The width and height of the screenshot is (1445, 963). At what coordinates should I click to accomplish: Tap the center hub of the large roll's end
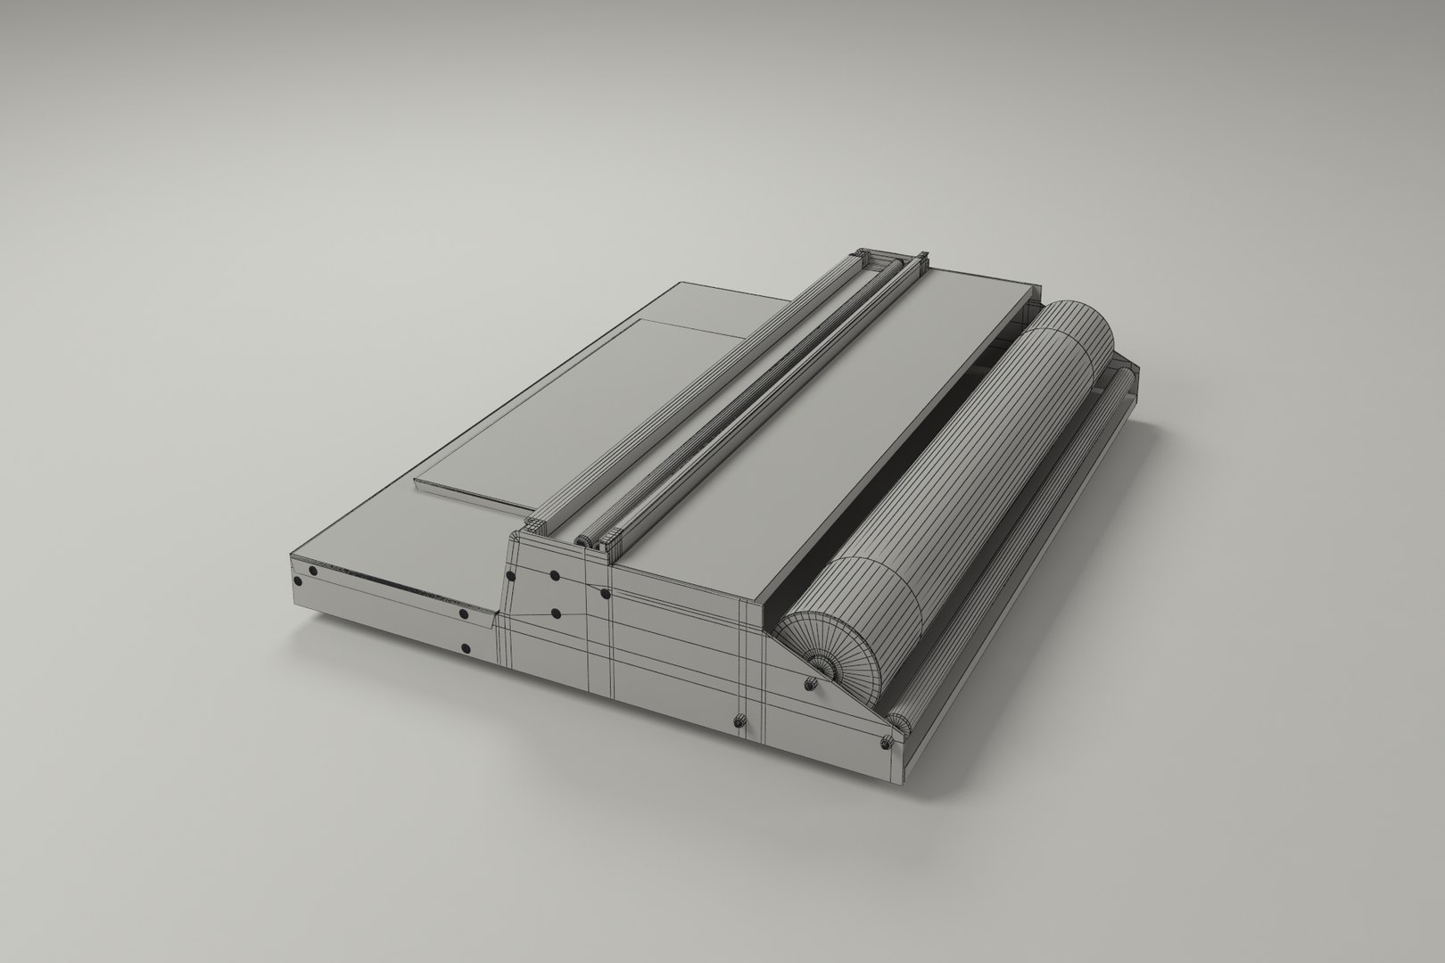pos(822,663)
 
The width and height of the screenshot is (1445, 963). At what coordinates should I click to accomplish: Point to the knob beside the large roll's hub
pos(810,684)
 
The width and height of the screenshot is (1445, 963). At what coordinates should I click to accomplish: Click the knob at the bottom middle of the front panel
pos(739,720)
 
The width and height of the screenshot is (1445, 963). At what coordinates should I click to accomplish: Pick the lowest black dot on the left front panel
pos(465,649)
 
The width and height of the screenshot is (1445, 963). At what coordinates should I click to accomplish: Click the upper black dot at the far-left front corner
pos(312,572)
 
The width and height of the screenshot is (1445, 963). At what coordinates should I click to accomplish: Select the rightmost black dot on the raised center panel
pos(605,593)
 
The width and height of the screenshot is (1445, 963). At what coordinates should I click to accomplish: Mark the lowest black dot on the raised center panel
pos(556,613)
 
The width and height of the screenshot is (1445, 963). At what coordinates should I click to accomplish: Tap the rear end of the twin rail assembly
pos(892,259)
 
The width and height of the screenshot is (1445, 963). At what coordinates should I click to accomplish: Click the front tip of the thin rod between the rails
pos(583,540)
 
